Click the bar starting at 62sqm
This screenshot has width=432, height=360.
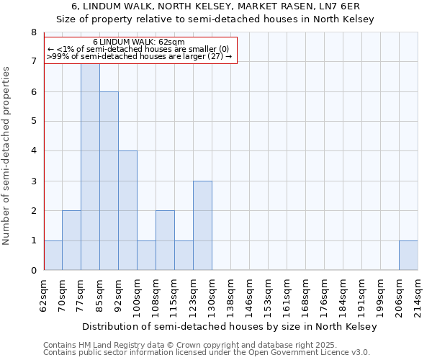(x=53, y=256)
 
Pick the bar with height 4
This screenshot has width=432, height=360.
(x=127, y=210)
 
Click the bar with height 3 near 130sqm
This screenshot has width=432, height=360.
(x=202, y=225)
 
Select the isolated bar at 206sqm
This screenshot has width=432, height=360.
(x=408, y=256)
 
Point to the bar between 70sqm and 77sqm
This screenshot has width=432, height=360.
(x=71, y=240)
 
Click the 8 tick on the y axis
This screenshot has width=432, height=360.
(x=33, y=32)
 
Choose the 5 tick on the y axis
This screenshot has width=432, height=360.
(x=33, y=122)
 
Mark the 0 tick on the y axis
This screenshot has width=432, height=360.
(x=33, y=271)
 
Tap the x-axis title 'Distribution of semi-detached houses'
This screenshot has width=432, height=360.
(x=230, y=327)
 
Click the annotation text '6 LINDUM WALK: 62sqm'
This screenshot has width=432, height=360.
(x=139, y=42)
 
